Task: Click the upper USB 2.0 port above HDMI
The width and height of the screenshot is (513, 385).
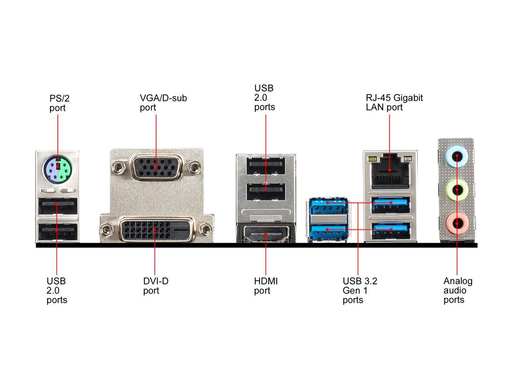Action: (265, 166)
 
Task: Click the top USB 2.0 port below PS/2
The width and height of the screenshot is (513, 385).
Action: (57, 206)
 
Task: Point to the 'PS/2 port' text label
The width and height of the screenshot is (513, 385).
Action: (57, 103)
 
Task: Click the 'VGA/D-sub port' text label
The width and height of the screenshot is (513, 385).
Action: (163, 103)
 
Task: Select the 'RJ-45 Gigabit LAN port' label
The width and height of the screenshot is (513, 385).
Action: (394, 103)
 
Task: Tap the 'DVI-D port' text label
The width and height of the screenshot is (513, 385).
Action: (156, 286)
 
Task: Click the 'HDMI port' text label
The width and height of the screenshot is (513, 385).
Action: (266, 286)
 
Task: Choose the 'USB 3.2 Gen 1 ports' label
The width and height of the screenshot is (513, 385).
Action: (360, 291)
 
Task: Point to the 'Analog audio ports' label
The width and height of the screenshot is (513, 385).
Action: (458, 291)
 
